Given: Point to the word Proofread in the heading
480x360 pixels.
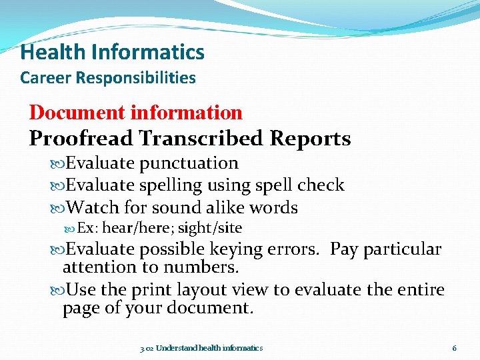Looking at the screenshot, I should (x=81, y=138).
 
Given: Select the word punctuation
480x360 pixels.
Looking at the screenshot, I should (x=189, y=163).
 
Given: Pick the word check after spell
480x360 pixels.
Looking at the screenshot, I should (x=321, y=185).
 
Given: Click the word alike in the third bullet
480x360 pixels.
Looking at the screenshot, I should (x=225, y=207).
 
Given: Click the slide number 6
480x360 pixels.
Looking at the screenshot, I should (x=454, y=348).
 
